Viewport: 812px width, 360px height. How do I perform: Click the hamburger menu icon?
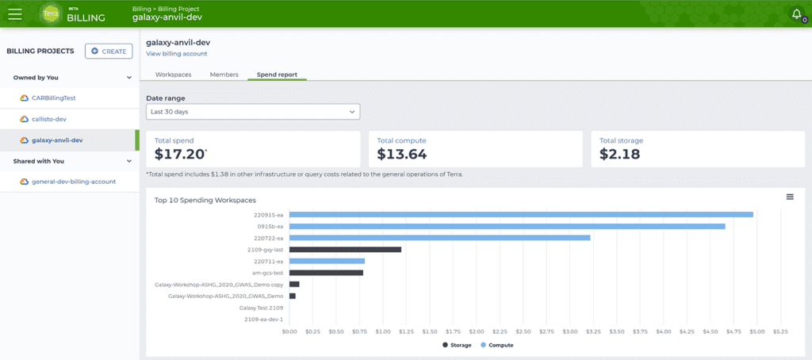tap(15, 14)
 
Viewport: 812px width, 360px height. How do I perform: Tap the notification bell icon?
tap(797, 14)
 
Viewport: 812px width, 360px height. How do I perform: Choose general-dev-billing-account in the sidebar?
tap(68, 182)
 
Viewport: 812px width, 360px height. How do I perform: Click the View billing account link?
tap(177, 54)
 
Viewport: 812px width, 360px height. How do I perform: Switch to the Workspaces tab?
tap(173, 75)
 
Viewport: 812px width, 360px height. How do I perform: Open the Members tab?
tap(224, 75)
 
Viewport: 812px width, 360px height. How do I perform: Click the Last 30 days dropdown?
tap(253, 111)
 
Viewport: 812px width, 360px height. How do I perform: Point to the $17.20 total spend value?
tap(179, 154)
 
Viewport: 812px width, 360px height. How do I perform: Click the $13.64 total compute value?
tap(402, 154)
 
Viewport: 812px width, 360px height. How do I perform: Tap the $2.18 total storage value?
tap(620, 154)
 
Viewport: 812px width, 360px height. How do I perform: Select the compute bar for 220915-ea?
tap(521, 214)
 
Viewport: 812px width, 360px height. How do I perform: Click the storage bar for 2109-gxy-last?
tap(345, 250)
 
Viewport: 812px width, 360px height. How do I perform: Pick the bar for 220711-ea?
tap(327, 261)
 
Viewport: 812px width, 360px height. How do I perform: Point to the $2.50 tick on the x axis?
tap(523, 331)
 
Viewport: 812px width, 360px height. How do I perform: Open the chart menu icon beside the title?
tap(790, 197)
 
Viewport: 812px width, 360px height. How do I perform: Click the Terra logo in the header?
tap(50, 14)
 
